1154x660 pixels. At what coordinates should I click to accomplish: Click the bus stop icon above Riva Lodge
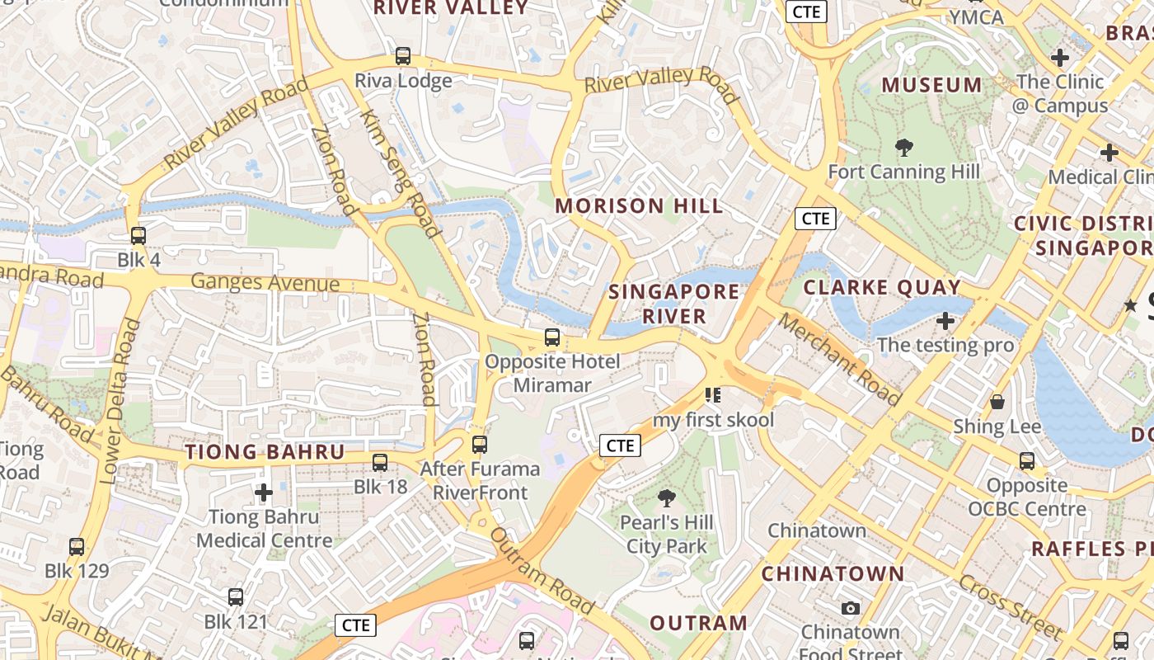click(402, 56)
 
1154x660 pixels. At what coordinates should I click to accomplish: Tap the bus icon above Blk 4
click(138, 235)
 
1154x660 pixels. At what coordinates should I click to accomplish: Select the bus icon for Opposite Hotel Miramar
click(552, 337)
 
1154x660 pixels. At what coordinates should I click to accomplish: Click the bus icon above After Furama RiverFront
click(479, 445)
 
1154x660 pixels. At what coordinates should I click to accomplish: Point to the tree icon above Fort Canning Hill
click(904, 148)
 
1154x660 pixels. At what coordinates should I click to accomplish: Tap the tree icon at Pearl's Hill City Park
click(666, 498)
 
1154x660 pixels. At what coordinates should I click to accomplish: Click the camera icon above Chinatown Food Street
click(851, 609)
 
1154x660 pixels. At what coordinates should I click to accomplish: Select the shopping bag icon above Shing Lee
click(997, 402)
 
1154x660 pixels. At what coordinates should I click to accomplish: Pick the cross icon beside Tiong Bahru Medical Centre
click(264, 493)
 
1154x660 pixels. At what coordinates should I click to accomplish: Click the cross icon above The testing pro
click(945, 320)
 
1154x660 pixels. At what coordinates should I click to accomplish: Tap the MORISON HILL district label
click(640, 206)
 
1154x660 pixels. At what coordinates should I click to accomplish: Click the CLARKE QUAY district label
click(882, 288)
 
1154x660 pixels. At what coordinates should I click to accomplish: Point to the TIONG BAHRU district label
click(265, 452)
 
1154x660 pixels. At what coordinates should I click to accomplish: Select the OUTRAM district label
click(698, 623)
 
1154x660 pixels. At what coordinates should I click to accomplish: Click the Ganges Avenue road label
click(265, 283)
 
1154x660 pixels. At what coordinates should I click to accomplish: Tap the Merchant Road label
click(840, 359)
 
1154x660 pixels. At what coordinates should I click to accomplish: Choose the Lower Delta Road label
click(120, 401)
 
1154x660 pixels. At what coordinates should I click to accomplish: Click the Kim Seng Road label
click(400, 173)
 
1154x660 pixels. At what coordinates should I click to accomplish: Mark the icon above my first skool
click(713, 395)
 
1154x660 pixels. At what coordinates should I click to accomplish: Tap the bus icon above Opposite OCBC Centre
click(1027, 461)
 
